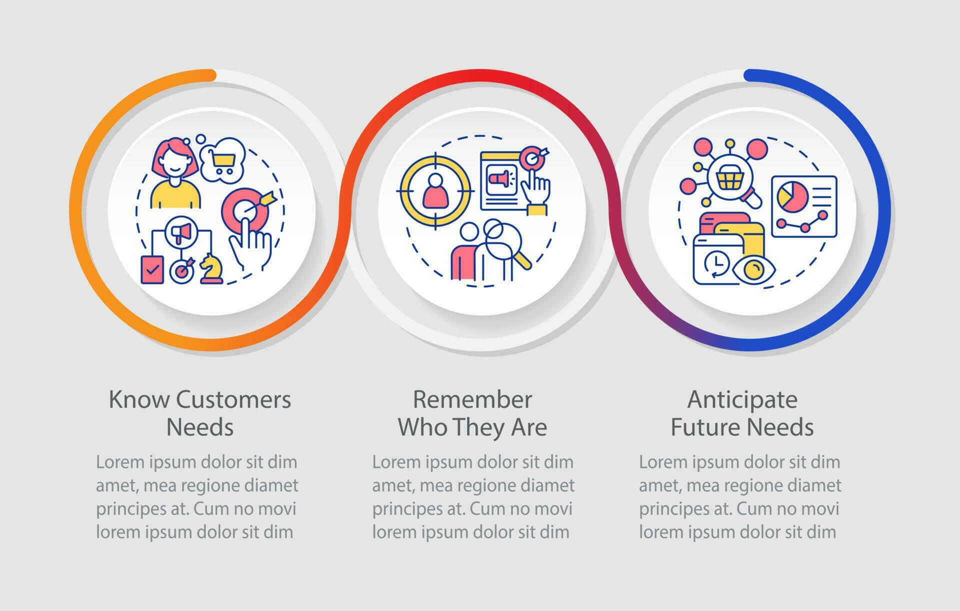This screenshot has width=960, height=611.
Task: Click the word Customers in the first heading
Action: pos(233,399)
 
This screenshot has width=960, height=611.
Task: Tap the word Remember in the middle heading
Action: pos(472,399)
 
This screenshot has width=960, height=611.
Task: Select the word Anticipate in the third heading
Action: pos(742,399)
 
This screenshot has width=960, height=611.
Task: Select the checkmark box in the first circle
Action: pos(152,269)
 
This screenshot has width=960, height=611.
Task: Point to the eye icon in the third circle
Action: pos(752,270)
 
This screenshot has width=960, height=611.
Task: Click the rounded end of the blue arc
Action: pos(748,75)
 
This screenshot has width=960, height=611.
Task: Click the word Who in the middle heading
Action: pos(417,427)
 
